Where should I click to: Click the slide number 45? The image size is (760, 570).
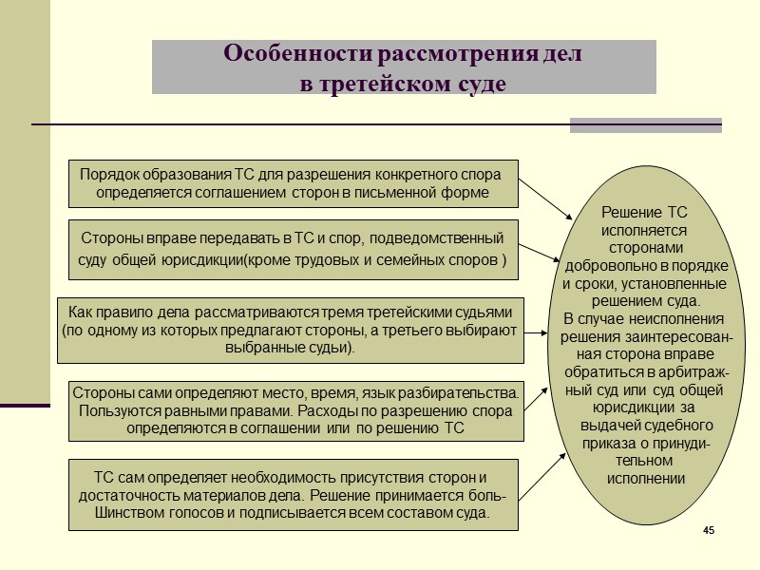click(708, 528)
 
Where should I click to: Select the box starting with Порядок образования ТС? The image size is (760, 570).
click(294, 183)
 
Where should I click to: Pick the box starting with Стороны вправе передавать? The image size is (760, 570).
click(294, 249)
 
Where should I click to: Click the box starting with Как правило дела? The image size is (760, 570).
click(290, 330)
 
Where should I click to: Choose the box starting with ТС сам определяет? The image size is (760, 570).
click(294, 495)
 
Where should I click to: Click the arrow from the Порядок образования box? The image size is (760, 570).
click(547, 202)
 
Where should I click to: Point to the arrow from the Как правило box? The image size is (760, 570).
click(535, 332)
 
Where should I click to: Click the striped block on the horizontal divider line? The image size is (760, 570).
click(645, 125)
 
